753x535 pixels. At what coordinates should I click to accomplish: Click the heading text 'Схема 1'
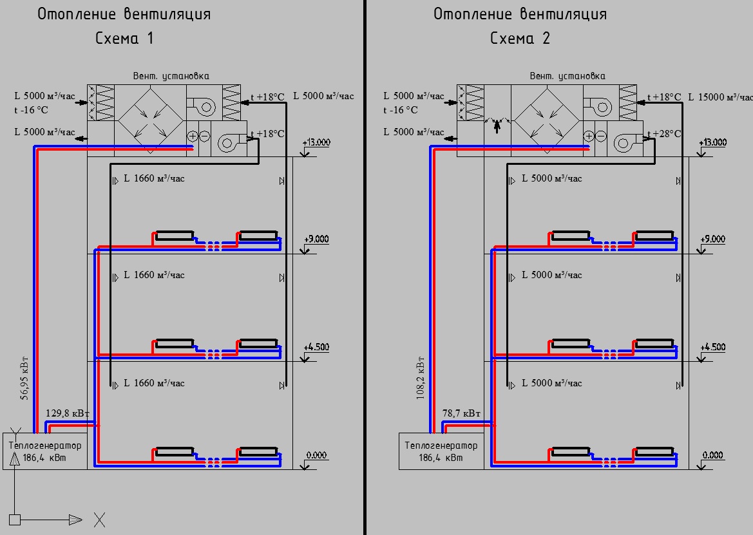tap(124, 39)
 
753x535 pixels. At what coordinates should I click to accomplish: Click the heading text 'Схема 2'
tap(520, 39)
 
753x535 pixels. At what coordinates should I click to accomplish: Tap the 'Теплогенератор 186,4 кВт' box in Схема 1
tap(45, 451)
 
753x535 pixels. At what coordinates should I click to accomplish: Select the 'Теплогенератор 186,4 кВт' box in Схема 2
tap(441, 451)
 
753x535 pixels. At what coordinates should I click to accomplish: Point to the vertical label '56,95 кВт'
tap(24, 377)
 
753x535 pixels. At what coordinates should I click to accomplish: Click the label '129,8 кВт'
tap(68, 413)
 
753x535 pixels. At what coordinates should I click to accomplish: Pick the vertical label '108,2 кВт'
tap(421, 377)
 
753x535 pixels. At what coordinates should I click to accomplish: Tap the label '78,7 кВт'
tap(461, 413)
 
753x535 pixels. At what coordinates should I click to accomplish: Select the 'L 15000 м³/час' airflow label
tap(720, 97)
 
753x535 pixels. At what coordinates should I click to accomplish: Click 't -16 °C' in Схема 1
tap(32, 110)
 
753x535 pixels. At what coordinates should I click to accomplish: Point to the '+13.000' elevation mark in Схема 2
tap(712, 143)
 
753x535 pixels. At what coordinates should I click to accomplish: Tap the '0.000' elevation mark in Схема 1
tap(316, 455)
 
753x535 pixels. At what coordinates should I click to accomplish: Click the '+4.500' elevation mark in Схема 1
tap(316, 347)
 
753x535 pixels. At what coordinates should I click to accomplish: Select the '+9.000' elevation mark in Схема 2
tap(712, 239)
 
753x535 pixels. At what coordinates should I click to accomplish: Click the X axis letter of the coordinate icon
tap(99, 519)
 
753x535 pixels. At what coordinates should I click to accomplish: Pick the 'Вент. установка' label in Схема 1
tap(171, 76)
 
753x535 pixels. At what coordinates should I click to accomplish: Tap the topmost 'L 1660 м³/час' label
tap(154, 178)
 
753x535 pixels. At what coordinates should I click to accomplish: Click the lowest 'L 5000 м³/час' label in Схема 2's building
tap(551, 383)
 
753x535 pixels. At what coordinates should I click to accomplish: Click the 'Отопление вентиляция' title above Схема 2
tap(520, 14)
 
